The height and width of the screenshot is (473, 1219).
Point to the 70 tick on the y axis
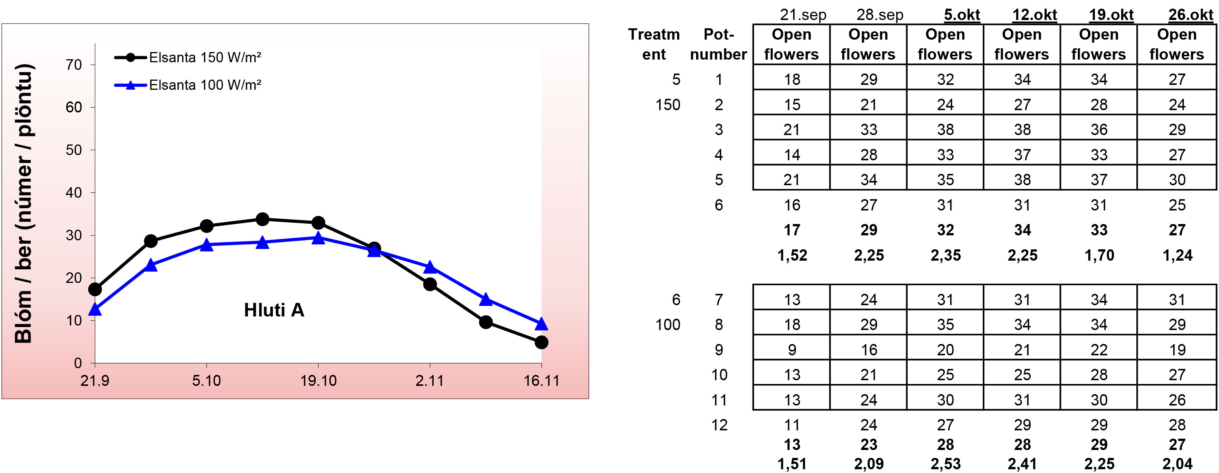tap(74, 65)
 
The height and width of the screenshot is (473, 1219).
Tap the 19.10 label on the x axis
tap(318, 381)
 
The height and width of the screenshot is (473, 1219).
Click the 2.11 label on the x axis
tap(429, 381)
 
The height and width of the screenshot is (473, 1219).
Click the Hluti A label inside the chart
tap(274, 310)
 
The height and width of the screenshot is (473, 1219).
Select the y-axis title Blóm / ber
tap(24, 203)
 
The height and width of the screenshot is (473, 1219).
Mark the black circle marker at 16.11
tap(541, 342)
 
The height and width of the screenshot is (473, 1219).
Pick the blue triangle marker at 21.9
tap(95, 309)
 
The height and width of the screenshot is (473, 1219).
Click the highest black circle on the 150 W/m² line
tap(263, 219)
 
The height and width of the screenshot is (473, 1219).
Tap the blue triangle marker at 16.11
tap(541, 324)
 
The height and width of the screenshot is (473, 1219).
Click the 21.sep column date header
tap(803, 15)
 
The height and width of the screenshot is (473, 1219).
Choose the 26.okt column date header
tap(1191, 15)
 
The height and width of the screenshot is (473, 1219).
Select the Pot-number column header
tap(718, 45)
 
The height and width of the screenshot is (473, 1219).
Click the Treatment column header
tap(654, 45)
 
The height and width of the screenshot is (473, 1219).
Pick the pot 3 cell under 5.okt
tap(945, 130)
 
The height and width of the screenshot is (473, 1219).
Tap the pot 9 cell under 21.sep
tap(792, 350)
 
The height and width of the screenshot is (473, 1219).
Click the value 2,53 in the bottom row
tap(945, 464)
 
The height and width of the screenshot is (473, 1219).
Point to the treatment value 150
tap(668, 104)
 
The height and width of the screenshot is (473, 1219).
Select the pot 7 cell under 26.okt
tap(1176, 299)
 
